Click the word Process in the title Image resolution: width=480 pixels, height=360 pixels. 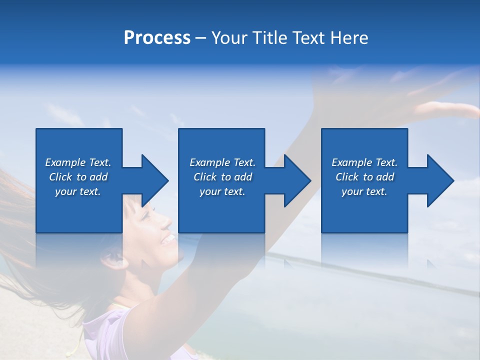pyautogui.click(x=157, y=38)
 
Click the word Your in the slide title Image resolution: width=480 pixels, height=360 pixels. pyautogui.click(x=229, y=38)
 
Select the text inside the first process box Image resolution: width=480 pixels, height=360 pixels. pyautogui.click(x=78, y=177)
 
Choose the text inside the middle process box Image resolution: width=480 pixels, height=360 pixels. pyautogui.click(x=222, y=177)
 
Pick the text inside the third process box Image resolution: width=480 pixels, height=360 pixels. pyautogui.click(x=364, y=177)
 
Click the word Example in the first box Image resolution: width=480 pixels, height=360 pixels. pyautogui.click(x=65, y=162)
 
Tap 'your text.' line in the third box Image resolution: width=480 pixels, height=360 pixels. pyautogui.click(x=364, y=191)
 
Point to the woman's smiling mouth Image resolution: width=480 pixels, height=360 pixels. pyautogui.click(x=167, y=239)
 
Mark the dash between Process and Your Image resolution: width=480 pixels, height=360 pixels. pyautogui.click(x=201, y=38)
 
